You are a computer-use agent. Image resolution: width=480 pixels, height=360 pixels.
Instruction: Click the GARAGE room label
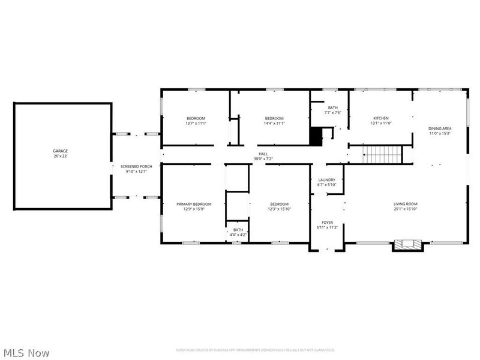pos(60,151)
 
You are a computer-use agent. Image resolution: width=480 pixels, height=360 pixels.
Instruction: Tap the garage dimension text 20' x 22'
pos(60,156)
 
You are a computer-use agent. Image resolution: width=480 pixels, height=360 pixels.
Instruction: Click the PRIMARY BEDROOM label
pos(194,204)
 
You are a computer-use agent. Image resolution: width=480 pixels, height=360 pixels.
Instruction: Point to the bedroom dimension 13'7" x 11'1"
pos(196,123)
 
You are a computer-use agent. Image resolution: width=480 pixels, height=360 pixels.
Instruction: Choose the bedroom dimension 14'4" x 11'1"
pos(274,123)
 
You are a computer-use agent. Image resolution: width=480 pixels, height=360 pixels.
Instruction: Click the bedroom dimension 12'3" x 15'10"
pos(279,209)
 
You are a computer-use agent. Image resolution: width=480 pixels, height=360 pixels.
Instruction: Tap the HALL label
pos(263,154)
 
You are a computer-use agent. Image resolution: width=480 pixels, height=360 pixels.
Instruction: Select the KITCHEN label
pos(381,118)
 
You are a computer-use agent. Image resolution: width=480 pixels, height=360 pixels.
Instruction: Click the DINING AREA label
pos(439,128)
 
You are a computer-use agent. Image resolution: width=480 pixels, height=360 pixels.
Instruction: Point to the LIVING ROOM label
pos(405,204)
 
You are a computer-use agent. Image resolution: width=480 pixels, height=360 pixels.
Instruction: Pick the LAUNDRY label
pos(326,179)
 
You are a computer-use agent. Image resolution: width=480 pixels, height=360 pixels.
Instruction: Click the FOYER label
pos(327,222)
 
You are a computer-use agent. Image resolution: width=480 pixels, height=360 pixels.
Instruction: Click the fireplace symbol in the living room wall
pos(408,245)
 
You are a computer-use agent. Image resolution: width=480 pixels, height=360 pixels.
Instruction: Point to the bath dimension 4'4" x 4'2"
pos(238,235)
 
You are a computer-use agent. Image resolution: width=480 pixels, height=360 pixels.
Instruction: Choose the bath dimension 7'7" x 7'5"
pos(332,112)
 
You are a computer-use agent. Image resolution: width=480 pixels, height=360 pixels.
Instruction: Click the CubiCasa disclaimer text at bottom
pos(255,350)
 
